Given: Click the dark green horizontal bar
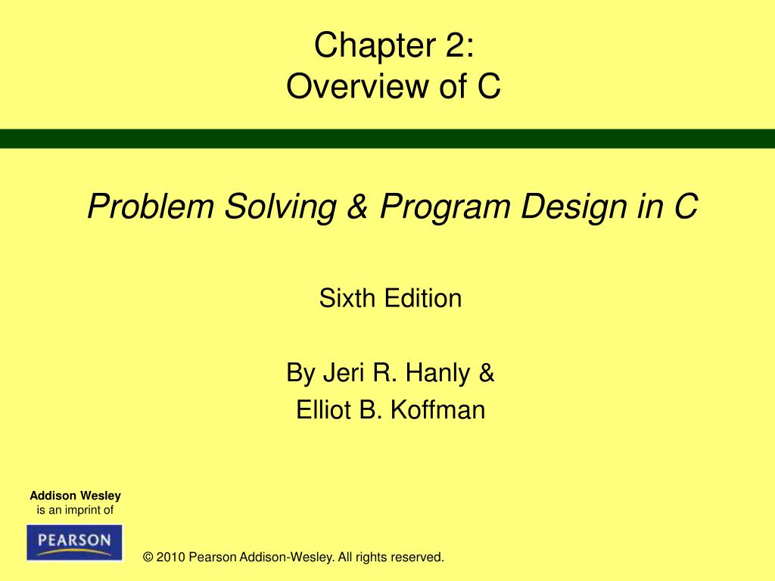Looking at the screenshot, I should (387, 138).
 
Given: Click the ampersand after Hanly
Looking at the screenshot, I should (486, 373).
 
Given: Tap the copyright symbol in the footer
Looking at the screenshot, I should (148, 558).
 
